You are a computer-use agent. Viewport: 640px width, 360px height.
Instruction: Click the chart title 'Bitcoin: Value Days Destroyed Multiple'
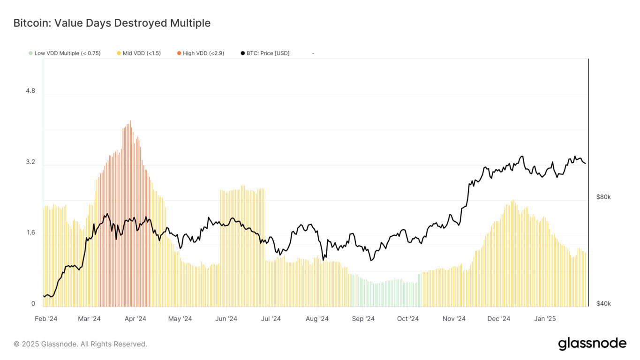112,23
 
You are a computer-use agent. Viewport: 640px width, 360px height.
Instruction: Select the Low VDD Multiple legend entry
65,53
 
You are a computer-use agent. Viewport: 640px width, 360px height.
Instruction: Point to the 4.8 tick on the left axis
30,91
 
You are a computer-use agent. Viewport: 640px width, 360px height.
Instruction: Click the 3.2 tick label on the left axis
30,162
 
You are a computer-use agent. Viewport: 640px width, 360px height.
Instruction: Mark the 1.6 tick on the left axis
30,233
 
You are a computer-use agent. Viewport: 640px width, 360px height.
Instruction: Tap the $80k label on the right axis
603,197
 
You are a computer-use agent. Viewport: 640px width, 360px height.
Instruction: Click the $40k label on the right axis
603,304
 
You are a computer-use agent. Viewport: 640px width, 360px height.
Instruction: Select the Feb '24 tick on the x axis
46,319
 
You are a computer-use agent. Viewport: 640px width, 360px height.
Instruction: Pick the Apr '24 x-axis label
135,319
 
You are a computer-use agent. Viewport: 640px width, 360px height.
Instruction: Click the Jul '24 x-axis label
271,319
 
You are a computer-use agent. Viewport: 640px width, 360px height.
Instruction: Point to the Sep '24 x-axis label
363,319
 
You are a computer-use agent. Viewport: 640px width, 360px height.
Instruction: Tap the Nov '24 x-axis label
454,319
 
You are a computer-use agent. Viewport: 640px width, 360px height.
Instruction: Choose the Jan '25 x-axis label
545,319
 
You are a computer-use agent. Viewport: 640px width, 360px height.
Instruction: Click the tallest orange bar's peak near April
130,121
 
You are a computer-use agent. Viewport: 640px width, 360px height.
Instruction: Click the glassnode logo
592,344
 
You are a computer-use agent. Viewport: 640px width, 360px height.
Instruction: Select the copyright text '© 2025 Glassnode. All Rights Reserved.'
80,344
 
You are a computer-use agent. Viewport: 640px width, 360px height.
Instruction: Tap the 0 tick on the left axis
33,304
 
